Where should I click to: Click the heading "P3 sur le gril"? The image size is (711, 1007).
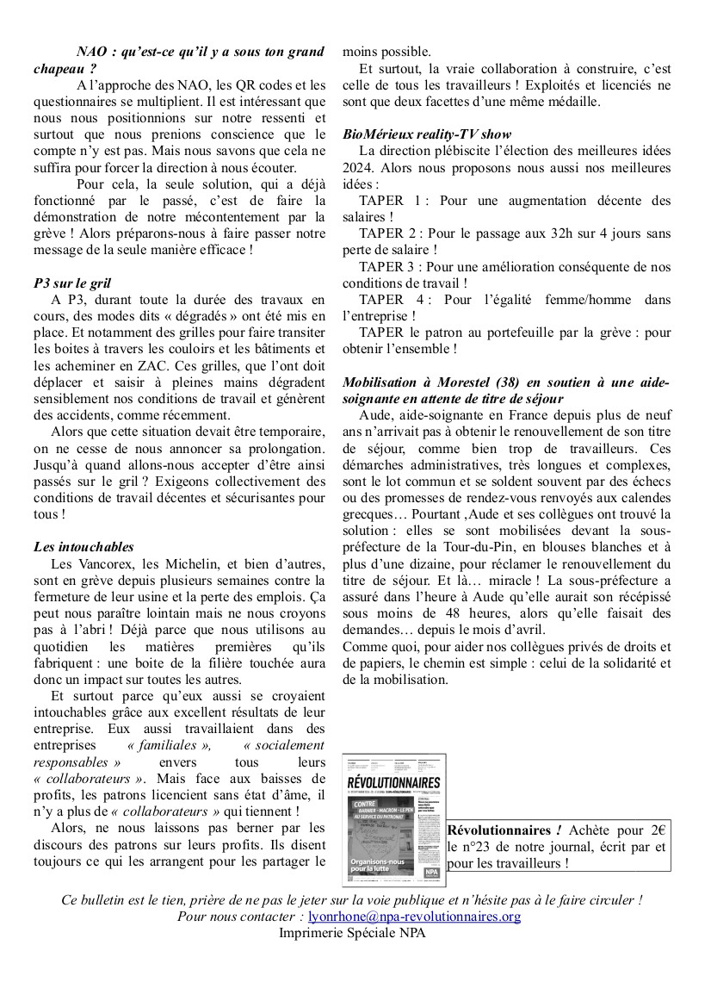[72, 283]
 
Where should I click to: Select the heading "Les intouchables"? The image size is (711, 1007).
[83, 546]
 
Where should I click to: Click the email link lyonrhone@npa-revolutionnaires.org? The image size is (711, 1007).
[414, 917]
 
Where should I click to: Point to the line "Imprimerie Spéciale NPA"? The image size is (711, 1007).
[352, 933]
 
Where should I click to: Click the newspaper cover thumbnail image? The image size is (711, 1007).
[393, 819]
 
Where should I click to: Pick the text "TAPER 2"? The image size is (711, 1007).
[390, 233]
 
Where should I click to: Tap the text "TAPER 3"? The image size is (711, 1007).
[390, 266]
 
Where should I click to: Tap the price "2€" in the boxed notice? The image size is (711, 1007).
[682, 830]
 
